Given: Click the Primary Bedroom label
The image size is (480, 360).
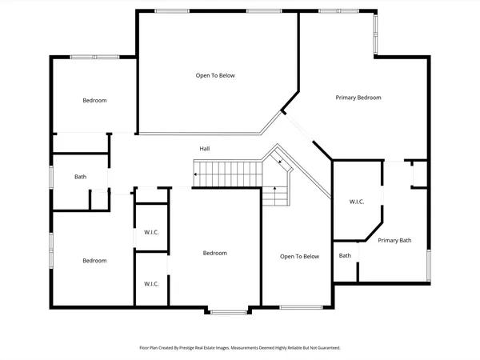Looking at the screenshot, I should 358,98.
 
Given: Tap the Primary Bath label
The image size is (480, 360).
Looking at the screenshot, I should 394,240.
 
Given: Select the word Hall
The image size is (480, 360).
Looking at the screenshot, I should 205,149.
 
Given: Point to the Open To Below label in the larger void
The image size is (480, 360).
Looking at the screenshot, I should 215,76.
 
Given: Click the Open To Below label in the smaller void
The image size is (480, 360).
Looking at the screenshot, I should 299,257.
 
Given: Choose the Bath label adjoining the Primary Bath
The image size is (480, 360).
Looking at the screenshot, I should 345,256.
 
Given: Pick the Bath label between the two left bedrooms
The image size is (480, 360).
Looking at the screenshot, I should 81,177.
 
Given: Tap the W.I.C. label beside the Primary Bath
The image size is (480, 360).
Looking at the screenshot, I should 356,202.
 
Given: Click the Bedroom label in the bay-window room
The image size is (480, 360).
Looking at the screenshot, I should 214,253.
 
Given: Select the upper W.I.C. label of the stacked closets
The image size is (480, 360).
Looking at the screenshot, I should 151,233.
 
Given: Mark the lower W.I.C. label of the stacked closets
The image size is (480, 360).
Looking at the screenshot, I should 151,284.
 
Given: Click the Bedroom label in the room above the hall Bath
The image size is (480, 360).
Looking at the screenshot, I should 94,101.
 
